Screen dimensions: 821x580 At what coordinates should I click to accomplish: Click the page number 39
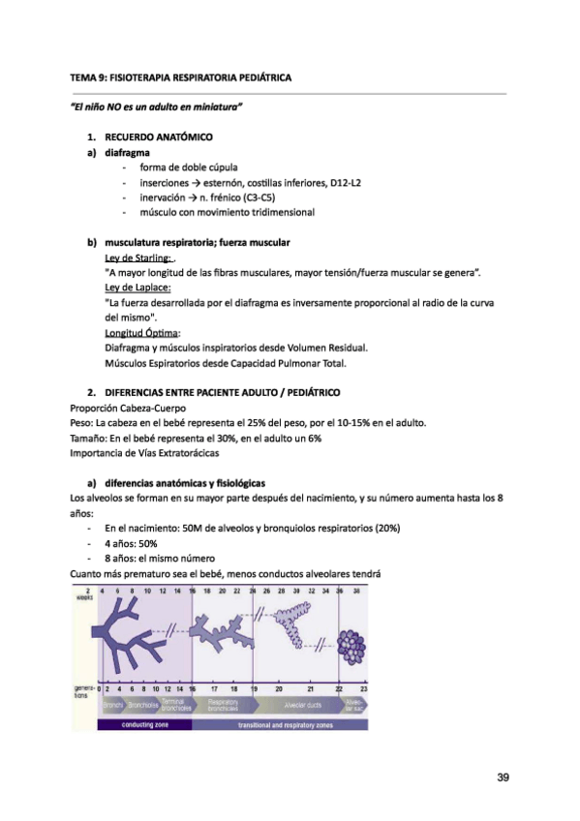(502, 777)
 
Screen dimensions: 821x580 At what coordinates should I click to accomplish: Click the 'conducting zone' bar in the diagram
(146, 724)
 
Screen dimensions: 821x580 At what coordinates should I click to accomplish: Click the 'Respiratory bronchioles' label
(223, 705)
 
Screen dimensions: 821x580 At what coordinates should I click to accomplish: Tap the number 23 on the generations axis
(363, 688)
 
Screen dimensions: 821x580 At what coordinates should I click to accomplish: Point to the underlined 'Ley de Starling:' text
(137, 258)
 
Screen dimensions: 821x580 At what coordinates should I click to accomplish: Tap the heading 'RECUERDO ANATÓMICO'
(160, 137)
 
